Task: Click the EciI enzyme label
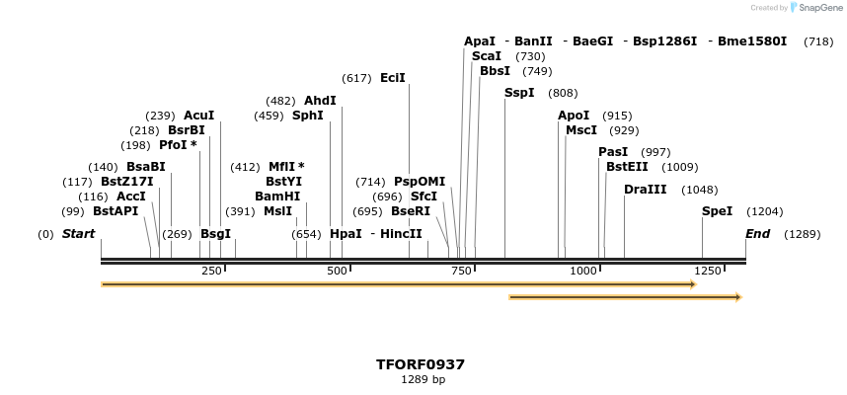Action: (x=392, y=78)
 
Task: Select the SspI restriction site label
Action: (x=519, y=93)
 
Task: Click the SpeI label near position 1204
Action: (x=717, y=211)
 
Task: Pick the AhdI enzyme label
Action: (x=320, y=101)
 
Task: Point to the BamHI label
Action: (x=277, y=197)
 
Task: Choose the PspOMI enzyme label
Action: (x=420, y=182)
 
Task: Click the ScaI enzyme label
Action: (x=487, y=56)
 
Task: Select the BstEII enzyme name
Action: (x=627, y=167)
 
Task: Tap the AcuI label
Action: (x=198, y=116)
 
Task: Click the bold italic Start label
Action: (x=78, y=234)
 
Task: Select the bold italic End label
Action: (x=757, y=234)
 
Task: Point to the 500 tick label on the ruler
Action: (x=337, y=271)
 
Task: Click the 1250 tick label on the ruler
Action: (x=707, y=271)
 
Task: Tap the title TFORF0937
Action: (x=421, y=364)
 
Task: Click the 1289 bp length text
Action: (x=423, y=379)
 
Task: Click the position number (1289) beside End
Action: (x=802, y=234)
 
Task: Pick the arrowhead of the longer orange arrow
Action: (x=693, y=284)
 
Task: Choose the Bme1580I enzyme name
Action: (x=752, y=41)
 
